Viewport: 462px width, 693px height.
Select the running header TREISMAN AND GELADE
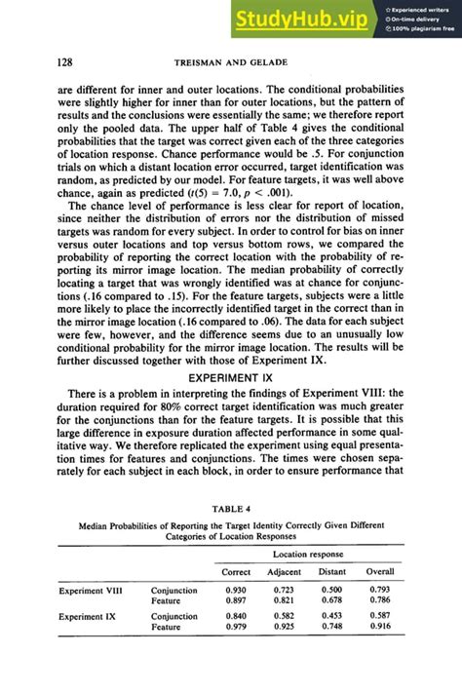[230, 62]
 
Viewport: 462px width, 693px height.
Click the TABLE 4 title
[230, 507]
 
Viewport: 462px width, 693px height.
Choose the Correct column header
[236, 571]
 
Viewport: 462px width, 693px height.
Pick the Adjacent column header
[285, 571]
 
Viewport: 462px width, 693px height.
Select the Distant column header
[332, 571]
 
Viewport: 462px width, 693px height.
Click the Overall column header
[380, 571]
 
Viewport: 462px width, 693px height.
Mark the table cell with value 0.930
[236, 591]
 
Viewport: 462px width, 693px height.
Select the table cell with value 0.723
[285, 591]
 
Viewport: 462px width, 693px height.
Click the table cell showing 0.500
[332, 591]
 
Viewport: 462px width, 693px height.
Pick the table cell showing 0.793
[380, 591]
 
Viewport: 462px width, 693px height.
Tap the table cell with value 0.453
[332, 616]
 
